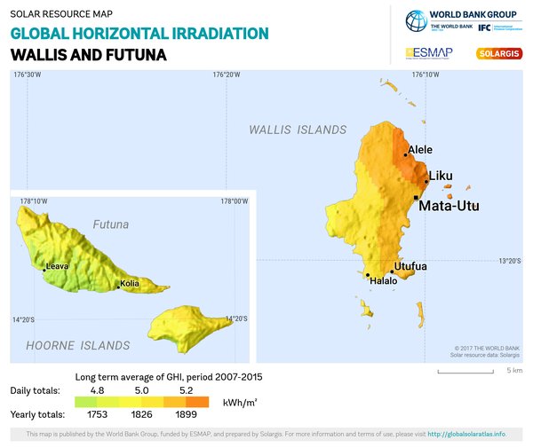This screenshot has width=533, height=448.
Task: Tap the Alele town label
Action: (x=420, y=150)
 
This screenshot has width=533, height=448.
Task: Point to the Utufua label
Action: (x=411, y=266)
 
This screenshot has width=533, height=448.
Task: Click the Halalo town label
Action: (x=384, y=281)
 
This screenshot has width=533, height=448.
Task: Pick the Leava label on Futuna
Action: (x=57, y=265)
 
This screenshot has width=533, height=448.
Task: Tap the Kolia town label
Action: (x=131, y=285)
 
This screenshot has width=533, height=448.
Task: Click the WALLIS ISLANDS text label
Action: (x=298, y=130)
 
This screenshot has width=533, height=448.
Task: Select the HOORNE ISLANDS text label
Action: (x=77, y=346)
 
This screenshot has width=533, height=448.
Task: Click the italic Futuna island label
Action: (x=111, y=224)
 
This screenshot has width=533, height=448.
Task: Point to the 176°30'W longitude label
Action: (x=28, y=75)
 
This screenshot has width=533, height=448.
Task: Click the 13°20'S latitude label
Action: (x=510, y=261)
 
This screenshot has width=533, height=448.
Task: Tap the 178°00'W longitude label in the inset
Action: (x=234, y=201)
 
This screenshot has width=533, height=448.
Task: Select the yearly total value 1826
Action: (x=143, y=414)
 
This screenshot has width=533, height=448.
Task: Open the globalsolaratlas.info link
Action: (x=466, y=434)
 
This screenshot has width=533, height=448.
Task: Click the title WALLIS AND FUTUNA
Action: (x=89, y=54)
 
